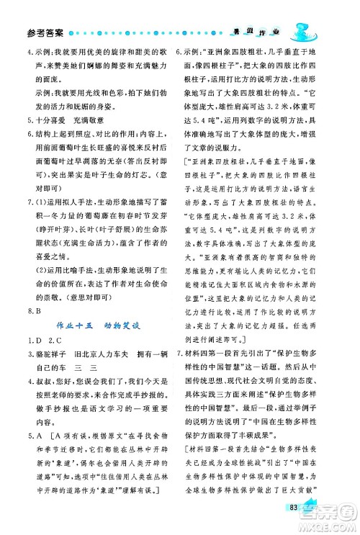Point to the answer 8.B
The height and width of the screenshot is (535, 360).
click(30, 312)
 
